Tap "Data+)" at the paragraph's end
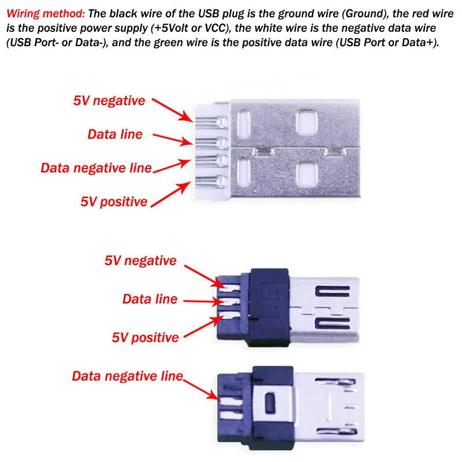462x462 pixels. click(419, 43)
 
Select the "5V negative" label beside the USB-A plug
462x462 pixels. click(109, 100)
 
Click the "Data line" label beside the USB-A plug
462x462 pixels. click(115, 134)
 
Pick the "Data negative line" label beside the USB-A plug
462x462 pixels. click(96, 168)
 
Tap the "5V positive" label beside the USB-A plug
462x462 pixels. click(114, 202)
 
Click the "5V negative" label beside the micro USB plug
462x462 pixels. click(140, 260)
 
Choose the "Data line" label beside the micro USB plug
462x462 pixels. click(150, 299)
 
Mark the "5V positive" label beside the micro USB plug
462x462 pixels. click(145, 337)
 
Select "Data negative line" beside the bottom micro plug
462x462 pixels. click(127, 376)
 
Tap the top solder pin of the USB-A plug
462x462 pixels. click(207, 122)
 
